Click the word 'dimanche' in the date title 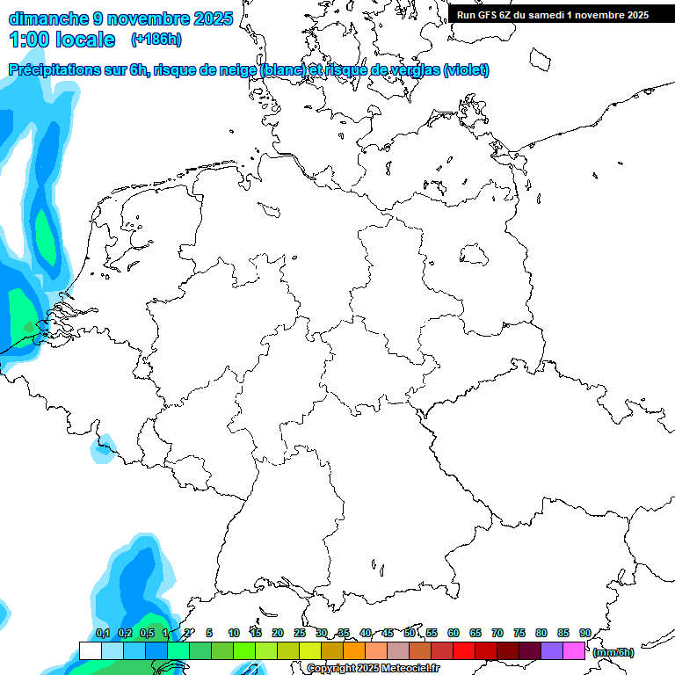coord(47,18)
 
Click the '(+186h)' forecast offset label coord(156,40)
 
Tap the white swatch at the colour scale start coord(90,650)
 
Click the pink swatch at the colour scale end coord(574,650)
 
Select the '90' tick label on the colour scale coord(584,633)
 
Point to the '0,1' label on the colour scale coord(102,633)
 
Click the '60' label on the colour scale coord(454,633)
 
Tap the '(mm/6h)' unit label coord(613,652)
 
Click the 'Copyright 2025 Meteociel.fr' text coord(374,668)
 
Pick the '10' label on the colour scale coord(234,633)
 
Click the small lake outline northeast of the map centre coord(475,256)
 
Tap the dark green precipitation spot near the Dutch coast coord(28,327)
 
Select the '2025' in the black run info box coord(636,14)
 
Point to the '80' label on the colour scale coord(541,633)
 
